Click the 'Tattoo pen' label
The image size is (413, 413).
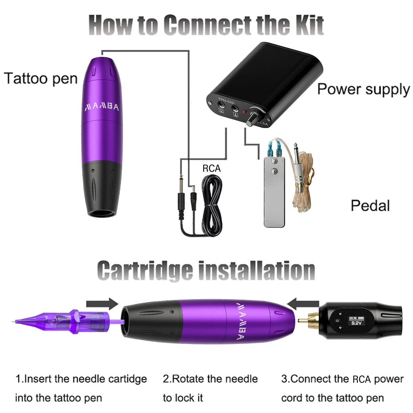point(41,79)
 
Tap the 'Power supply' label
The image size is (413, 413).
point(363,89)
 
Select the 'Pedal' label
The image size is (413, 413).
point(370,205)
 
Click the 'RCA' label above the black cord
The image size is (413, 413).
point(212,168)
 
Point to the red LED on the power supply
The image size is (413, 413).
point(245,112)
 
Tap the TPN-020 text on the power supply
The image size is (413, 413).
point(226,100)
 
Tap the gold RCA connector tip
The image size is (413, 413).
point(308,321)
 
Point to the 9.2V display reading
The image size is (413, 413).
point(356,323)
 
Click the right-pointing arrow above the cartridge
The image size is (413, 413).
point(102,304)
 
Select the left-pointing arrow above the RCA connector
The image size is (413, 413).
point(303,304)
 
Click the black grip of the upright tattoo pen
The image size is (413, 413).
point(102,189)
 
